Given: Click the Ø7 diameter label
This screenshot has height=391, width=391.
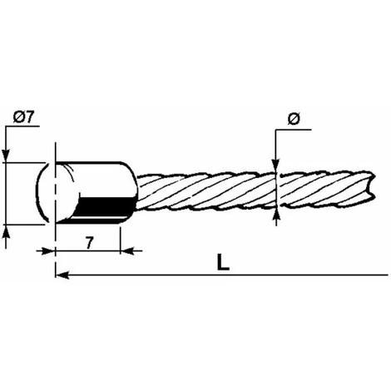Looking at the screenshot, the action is pyautogui.click(x=23, y=118).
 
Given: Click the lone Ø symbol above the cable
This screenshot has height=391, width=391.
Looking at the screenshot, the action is pyautogui.click(x=294, y=119).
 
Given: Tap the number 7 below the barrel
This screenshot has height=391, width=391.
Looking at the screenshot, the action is pyautogui.click(x=88, y=243).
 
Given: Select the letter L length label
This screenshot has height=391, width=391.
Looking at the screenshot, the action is pyautogui.click(x=223, y=263).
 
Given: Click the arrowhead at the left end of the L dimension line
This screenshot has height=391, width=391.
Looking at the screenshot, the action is pyautogui.click(x=62, y=275).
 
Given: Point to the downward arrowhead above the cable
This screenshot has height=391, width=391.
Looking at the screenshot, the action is pyautogui.click(x=275, y=166).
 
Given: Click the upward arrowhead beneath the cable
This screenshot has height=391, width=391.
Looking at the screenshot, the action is pyautogui.click(x=276, y=217).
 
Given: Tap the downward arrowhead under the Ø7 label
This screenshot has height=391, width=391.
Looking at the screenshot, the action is pyautogui.click(x=6, y=156).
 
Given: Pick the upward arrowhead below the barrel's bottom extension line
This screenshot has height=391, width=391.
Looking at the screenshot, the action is pyautogui.click(x=6, y=231).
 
